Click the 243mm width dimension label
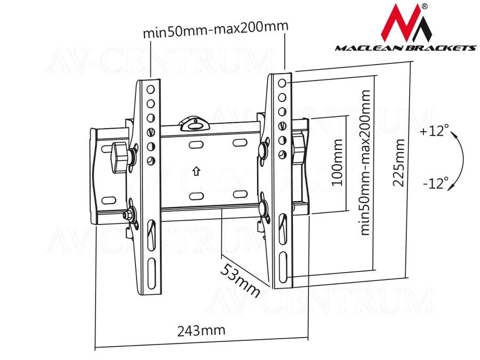click(201, 331)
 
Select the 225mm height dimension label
click(399, 163)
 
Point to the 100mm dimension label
click(337, 162)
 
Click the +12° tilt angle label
click(434, 131)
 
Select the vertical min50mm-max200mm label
click(365, 163)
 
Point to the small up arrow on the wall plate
click(196, 171)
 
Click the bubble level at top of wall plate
click(194, 124)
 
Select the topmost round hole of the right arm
click(282, 83)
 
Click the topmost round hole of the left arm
click(150, 90)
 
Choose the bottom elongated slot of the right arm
click(283, 268)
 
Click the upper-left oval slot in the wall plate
click(196, 144)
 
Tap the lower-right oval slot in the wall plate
click(240, 194)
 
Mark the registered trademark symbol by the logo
click(425, 6)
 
